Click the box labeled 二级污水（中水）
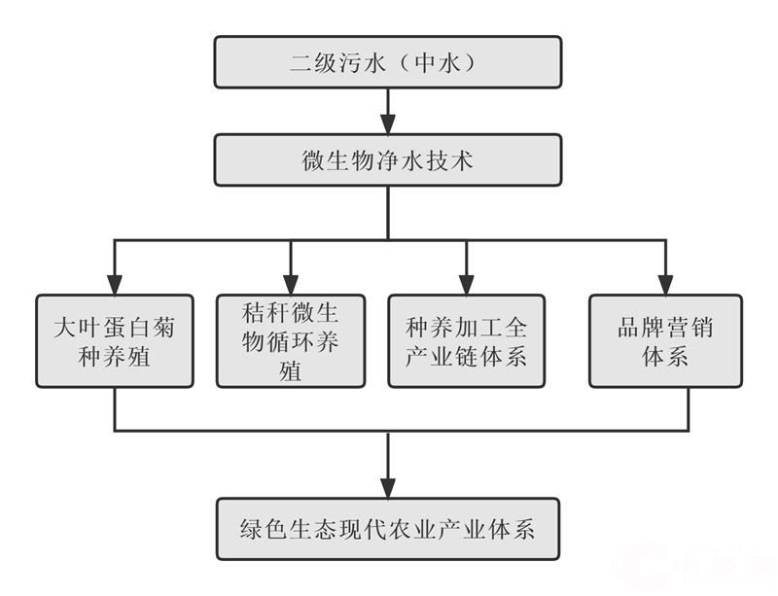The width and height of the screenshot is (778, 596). (x=387, y=62)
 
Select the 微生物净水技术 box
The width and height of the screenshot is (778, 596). (x=387, y=159)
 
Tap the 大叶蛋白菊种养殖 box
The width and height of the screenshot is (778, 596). (x=115, y=341)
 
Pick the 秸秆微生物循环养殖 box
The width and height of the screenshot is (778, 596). (x=291, y=341)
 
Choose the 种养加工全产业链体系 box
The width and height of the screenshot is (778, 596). (x=467, y=341)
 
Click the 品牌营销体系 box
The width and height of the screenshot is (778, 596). (x=665, y=341)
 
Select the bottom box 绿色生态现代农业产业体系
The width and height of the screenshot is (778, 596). (x=387, y=530)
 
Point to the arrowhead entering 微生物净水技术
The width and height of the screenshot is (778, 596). (x=387, y=123)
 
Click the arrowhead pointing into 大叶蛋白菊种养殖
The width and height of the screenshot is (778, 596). (x=115, y=284)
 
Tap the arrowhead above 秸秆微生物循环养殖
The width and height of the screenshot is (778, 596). (x=291, y=284)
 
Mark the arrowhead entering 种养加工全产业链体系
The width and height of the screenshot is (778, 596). (x=467, y=284)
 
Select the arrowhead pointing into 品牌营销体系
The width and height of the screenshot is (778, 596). (x=665, y=284)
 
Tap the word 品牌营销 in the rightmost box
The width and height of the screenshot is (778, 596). (x=665, y=327)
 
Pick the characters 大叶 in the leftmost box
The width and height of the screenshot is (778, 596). (x=73, y=327)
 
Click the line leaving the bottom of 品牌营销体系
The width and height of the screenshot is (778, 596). (x=689, y=409)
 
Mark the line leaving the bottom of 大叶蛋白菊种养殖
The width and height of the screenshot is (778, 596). (x=115, y=409)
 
